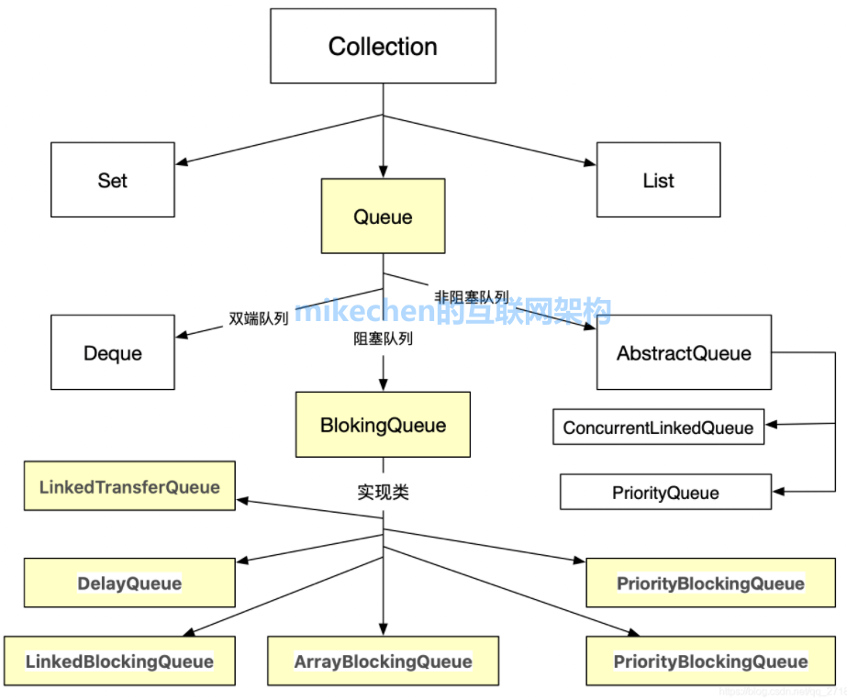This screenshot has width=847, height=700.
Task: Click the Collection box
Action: (x=383, y=46)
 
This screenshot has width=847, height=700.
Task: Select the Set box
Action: (x=112, y=180)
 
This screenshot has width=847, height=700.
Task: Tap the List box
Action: (x=658, y=180)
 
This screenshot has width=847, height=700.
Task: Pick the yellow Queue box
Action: (x=383, y=217)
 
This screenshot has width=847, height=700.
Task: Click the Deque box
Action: (x=112, y=352)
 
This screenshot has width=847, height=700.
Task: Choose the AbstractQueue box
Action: (x=684, y=352)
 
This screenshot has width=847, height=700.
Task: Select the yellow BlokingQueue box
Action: (x=383, y=425)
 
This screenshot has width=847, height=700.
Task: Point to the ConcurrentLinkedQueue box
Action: (x=658, y=428)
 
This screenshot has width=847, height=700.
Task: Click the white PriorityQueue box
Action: (x=665, y=493)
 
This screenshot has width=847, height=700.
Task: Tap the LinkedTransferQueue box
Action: (x=129, y=487)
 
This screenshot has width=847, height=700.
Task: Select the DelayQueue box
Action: (x=129, y=583)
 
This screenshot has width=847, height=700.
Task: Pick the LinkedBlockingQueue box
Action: (x=119, y=661)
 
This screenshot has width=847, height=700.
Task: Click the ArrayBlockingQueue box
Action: (x=383, y=661)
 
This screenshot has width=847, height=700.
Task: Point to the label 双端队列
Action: (x=258, y=318)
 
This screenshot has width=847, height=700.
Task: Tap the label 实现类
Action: (x=383, y=493)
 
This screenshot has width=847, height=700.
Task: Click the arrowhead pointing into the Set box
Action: (x=182, y=164)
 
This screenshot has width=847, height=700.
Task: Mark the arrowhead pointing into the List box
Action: (x=590, y=164)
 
